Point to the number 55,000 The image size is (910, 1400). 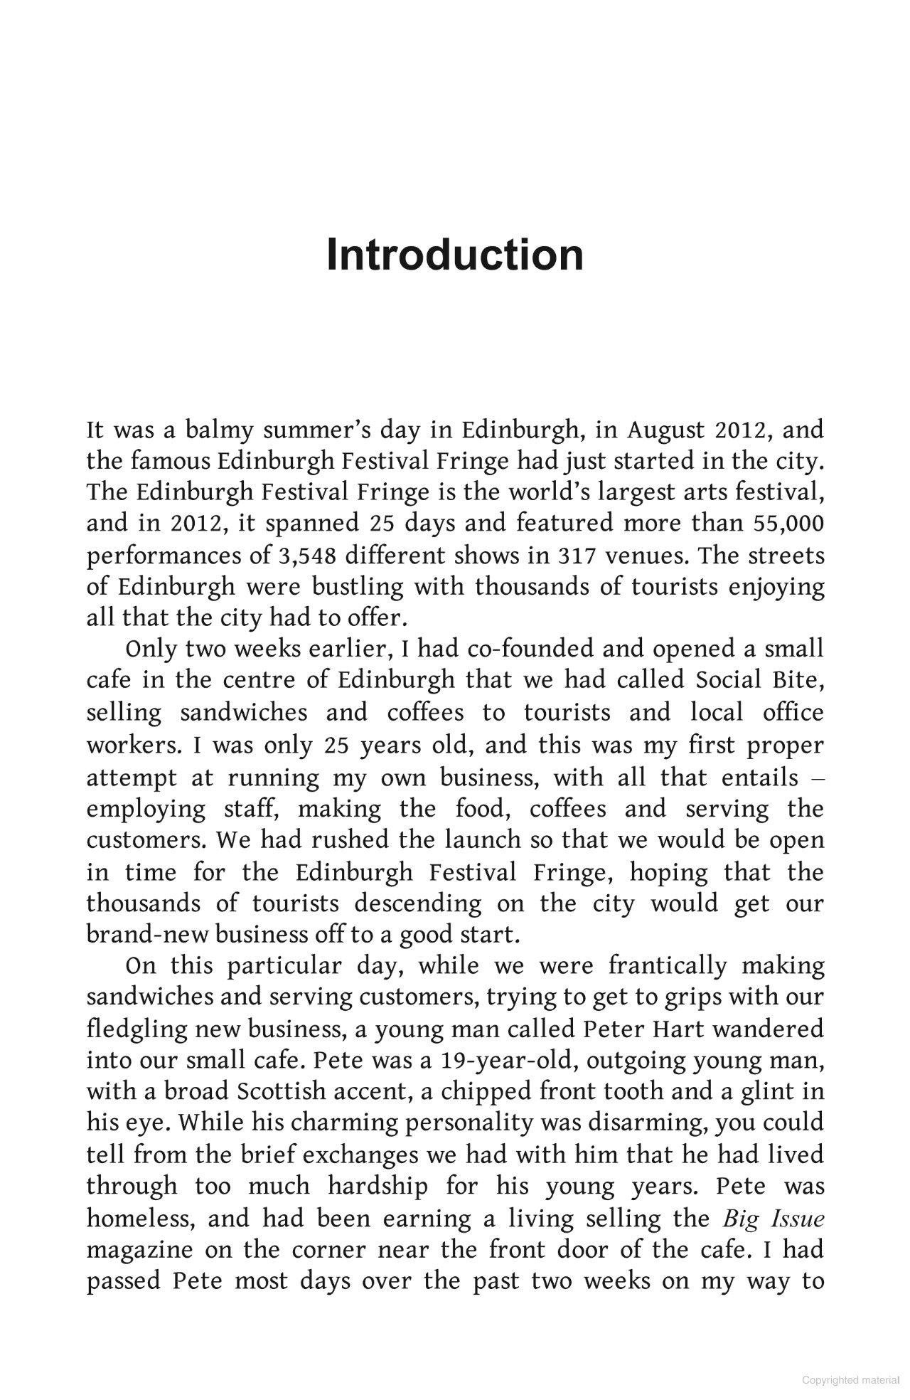click(x=787, y=524)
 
